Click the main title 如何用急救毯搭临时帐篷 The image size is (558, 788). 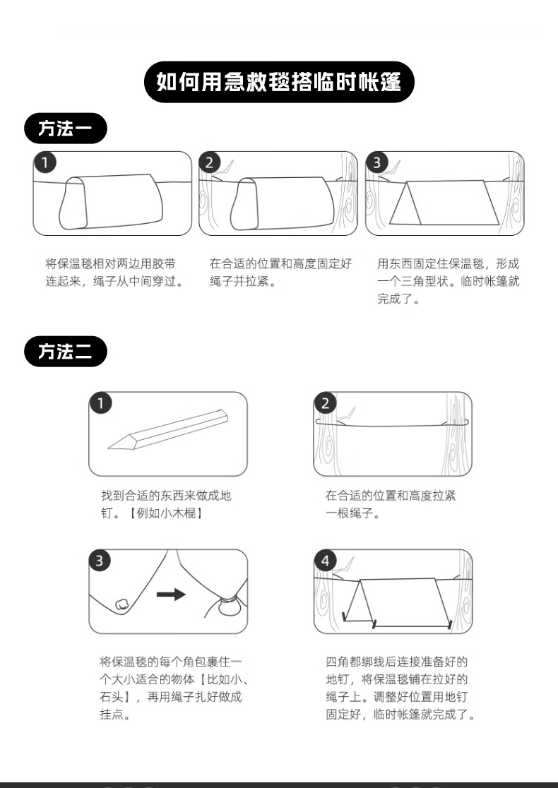(279, 82)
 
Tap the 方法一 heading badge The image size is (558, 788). (66, 129)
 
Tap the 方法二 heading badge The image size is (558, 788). (66, 352)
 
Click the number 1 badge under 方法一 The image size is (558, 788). (45, 162)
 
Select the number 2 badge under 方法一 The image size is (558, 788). (210, 162)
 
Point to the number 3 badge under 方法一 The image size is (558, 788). (376, 162)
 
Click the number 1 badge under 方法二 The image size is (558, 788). (100, 403)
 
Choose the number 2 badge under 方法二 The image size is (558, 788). (325, 403)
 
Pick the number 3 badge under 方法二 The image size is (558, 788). (100, 561)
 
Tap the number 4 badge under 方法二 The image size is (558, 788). (325, 561)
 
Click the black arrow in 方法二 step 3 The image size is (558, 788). (171, 595)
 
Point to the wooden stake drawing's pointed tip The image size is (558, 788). (109, 447)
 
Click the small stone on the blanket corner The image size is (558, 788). (121, 604)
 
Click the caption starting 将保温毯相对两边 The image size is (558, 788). (114, 273)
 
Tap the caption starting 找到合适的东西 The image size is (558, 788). (166, 504)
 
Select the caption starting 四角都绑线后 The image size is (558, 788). (400, 688)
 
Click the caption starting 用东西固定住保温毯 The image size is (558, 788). (449, 281)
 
